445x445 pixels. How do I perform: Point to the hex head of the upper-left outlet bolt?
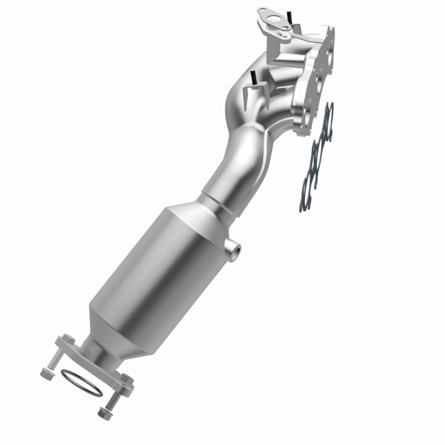point(68,339)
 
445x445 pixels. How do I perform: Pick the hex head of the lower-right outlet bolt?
point(128,379)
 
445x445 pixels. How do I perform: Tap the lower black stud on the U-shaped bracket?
point(253,78)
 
